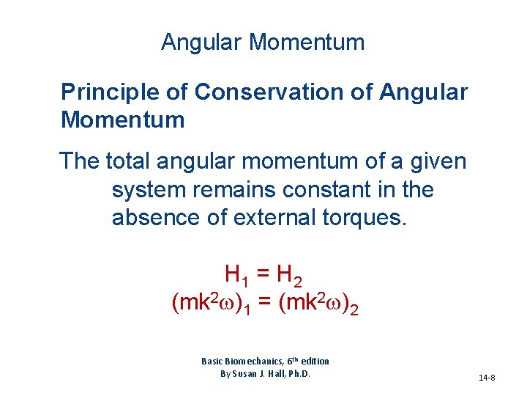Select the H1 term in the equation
click(x=236, y=276)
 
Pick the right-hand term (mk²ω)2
click(x=320, y=303)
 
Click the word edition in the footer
click(x=313, y=361)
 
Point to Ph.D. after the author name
click(x=297, y=373)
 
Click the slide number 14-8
click(x=487, y=378)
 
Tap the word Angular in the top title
click(x=202, y=43)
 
